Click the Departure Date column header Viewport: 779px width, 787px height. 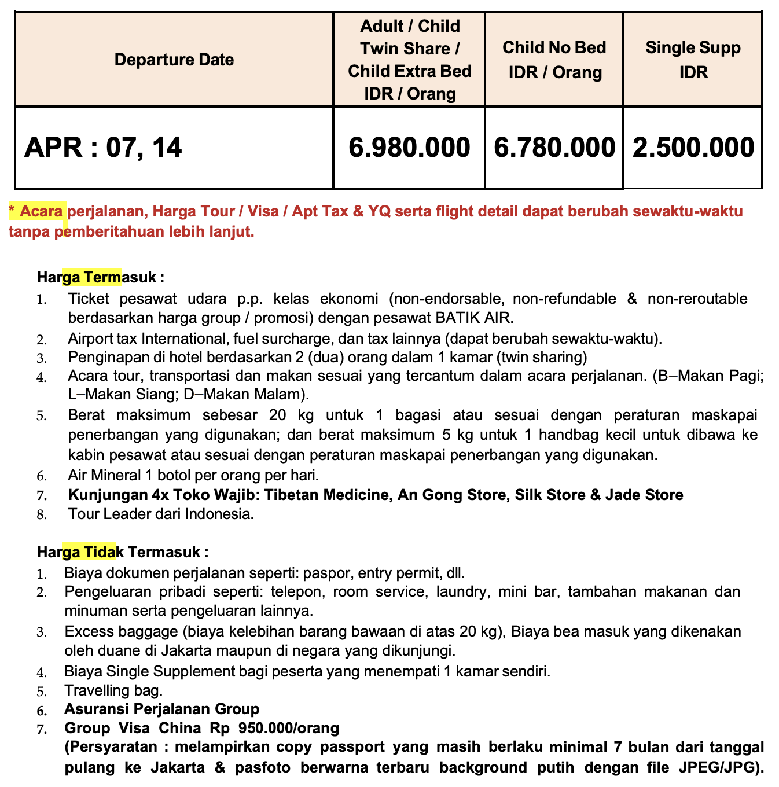(174, 60)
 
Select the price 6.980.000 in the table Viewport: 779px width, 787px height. (409, 148)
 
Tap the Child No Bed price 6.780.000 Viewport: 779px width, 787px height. (554, 148)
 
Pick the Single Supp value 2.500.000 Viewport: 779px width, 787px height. (693, 148)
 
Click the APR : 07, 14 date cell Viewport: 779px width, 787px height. (103, 148)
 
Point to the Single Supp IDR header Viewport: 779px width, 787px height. (693, 60)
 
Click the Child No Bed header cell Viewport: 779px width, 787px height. (554, 60)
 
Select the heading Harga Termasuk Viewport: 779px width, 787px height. (101, 277)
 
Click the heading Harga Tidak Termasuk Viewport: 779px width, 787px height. (123, 551)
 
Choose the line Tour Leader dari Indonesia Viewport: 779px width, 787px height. (161, 514)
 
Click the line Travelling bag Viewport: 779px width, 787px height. (113, 690)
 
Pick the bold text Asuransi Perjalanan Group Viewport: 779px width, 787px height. (162, 709)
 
